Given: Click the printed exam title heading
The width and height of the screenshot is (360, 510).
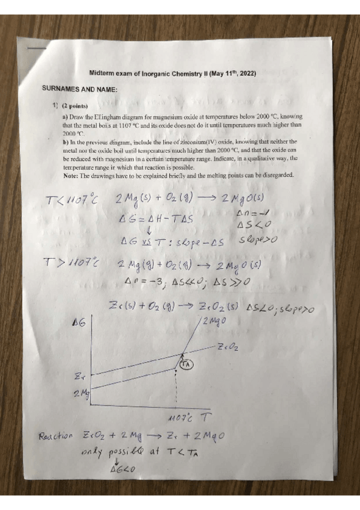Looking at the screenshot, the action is [173, 73].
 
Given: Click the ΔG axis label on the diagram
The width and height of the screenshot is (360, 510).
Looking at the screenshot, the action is [78, 324].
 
